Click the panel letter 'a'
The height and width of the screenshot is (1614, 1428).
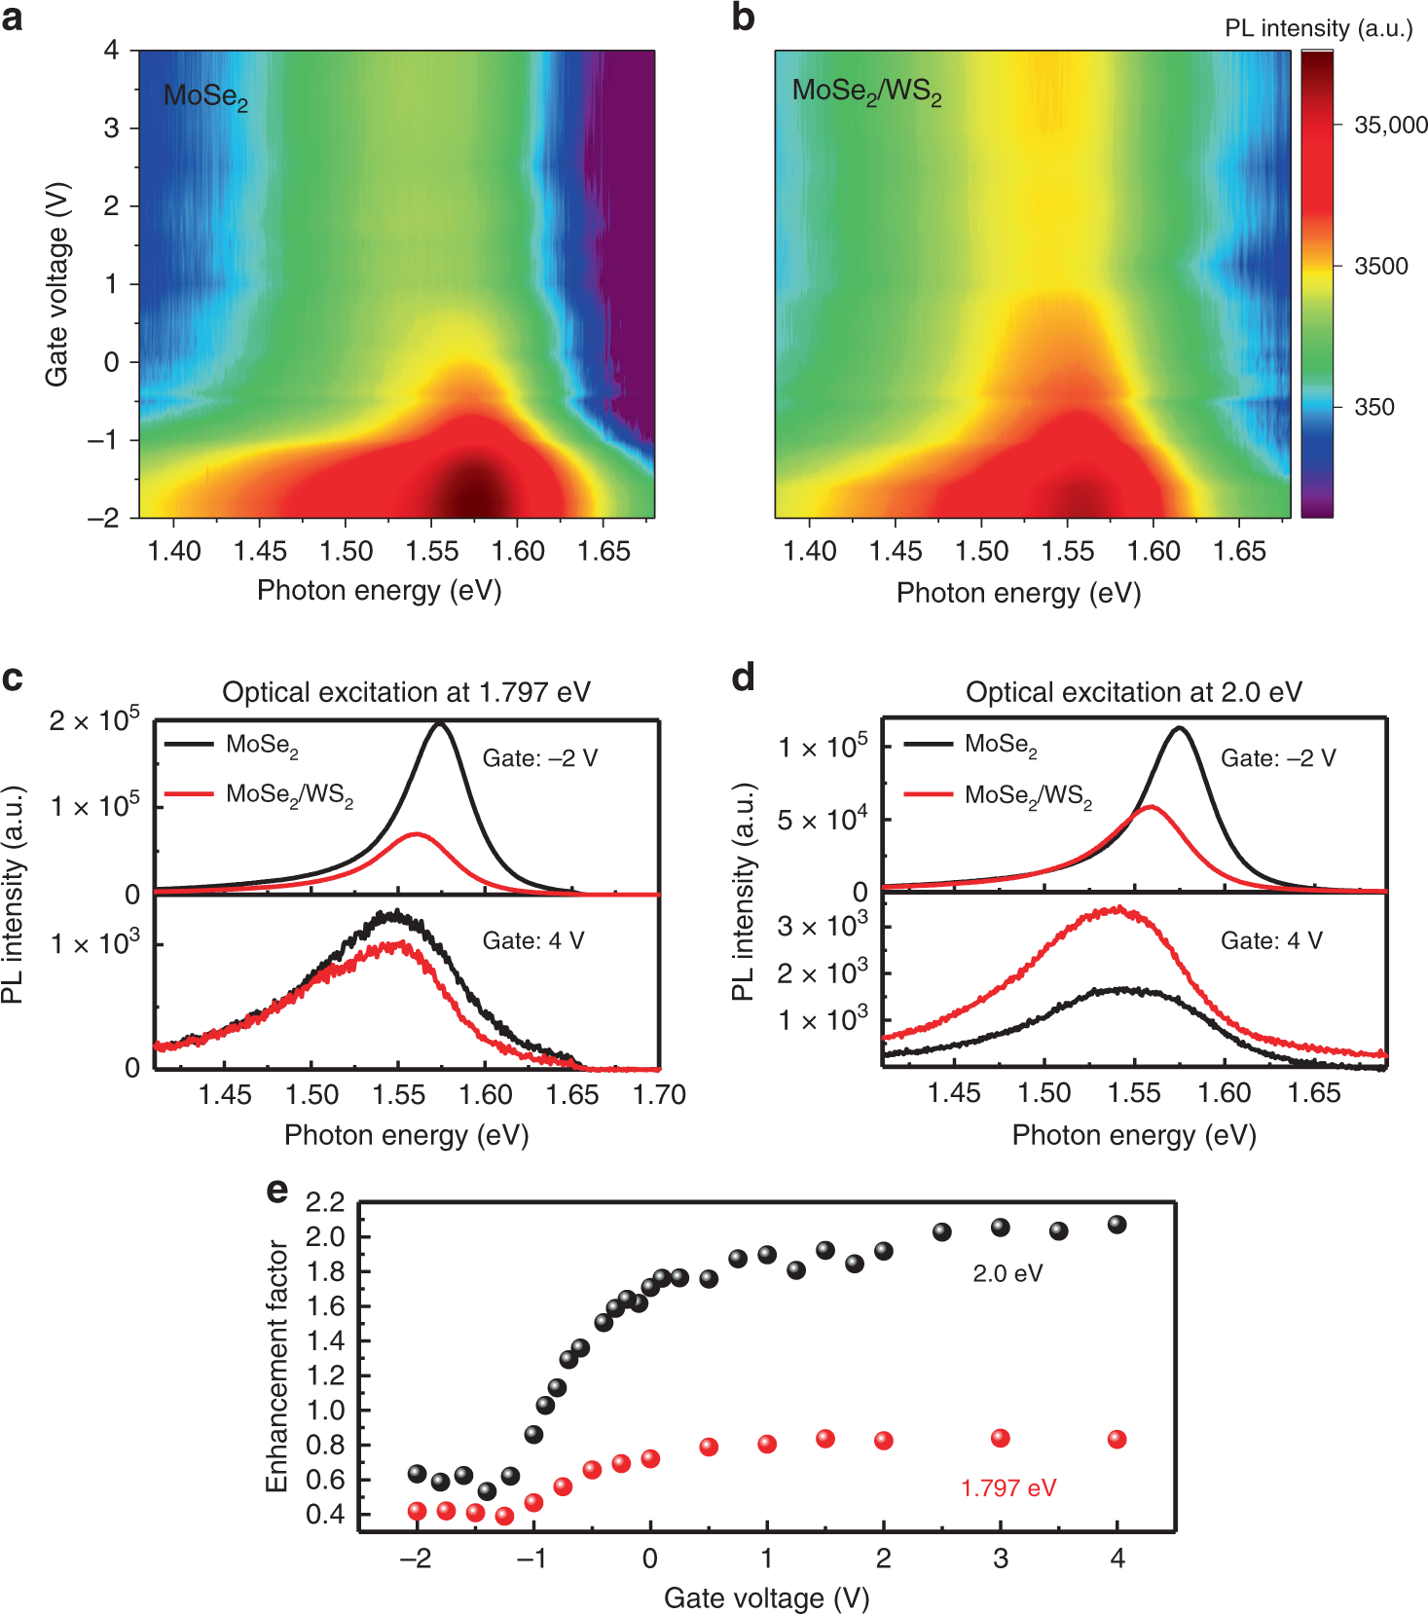(12, 18)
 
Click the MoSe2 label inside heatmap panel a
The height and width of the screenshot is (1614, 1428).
(205, 96)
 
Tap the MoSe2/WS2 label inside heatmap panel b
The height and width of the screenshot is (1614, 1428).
(866, 92)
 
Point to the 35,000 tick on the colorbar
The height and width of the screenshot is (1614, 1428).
(1390, 126)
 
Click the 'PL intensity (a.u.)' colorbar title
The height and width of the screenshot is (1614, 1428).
(1318, 28)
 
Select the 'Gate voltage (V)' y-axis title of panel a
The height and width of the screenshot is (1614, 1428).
(56, 283)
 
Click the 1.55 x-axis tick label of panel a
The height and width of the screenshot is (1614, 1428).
(432, 551)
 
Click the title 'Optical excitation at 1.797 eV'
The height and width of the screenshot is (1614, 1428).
(406, 692)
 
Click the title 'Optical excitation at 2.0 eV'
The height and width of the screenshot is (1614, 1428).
(1133, 692)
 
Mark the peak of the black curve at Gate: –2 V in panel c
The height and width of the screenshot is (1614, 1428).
(440, 724)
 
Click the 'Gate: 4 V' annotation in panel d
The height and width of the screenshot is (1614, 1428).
(1271, 940)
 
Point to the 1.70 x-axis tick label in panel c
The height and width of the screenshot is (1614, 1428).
(659, 1095)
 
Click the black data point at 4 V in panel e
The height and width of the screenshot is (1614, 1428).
(1117, 1225)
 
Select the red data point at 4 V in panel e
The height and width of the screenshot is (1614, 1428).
(1117, 1439)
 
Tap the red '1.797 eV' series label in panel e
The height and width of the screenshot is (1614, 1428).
(1007, 1487)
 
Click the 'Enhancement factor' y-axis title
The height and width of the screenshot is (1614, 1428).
(277, 1366)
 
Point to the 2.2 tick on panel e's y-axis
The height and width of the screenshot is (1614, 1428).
(325, 1203)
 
